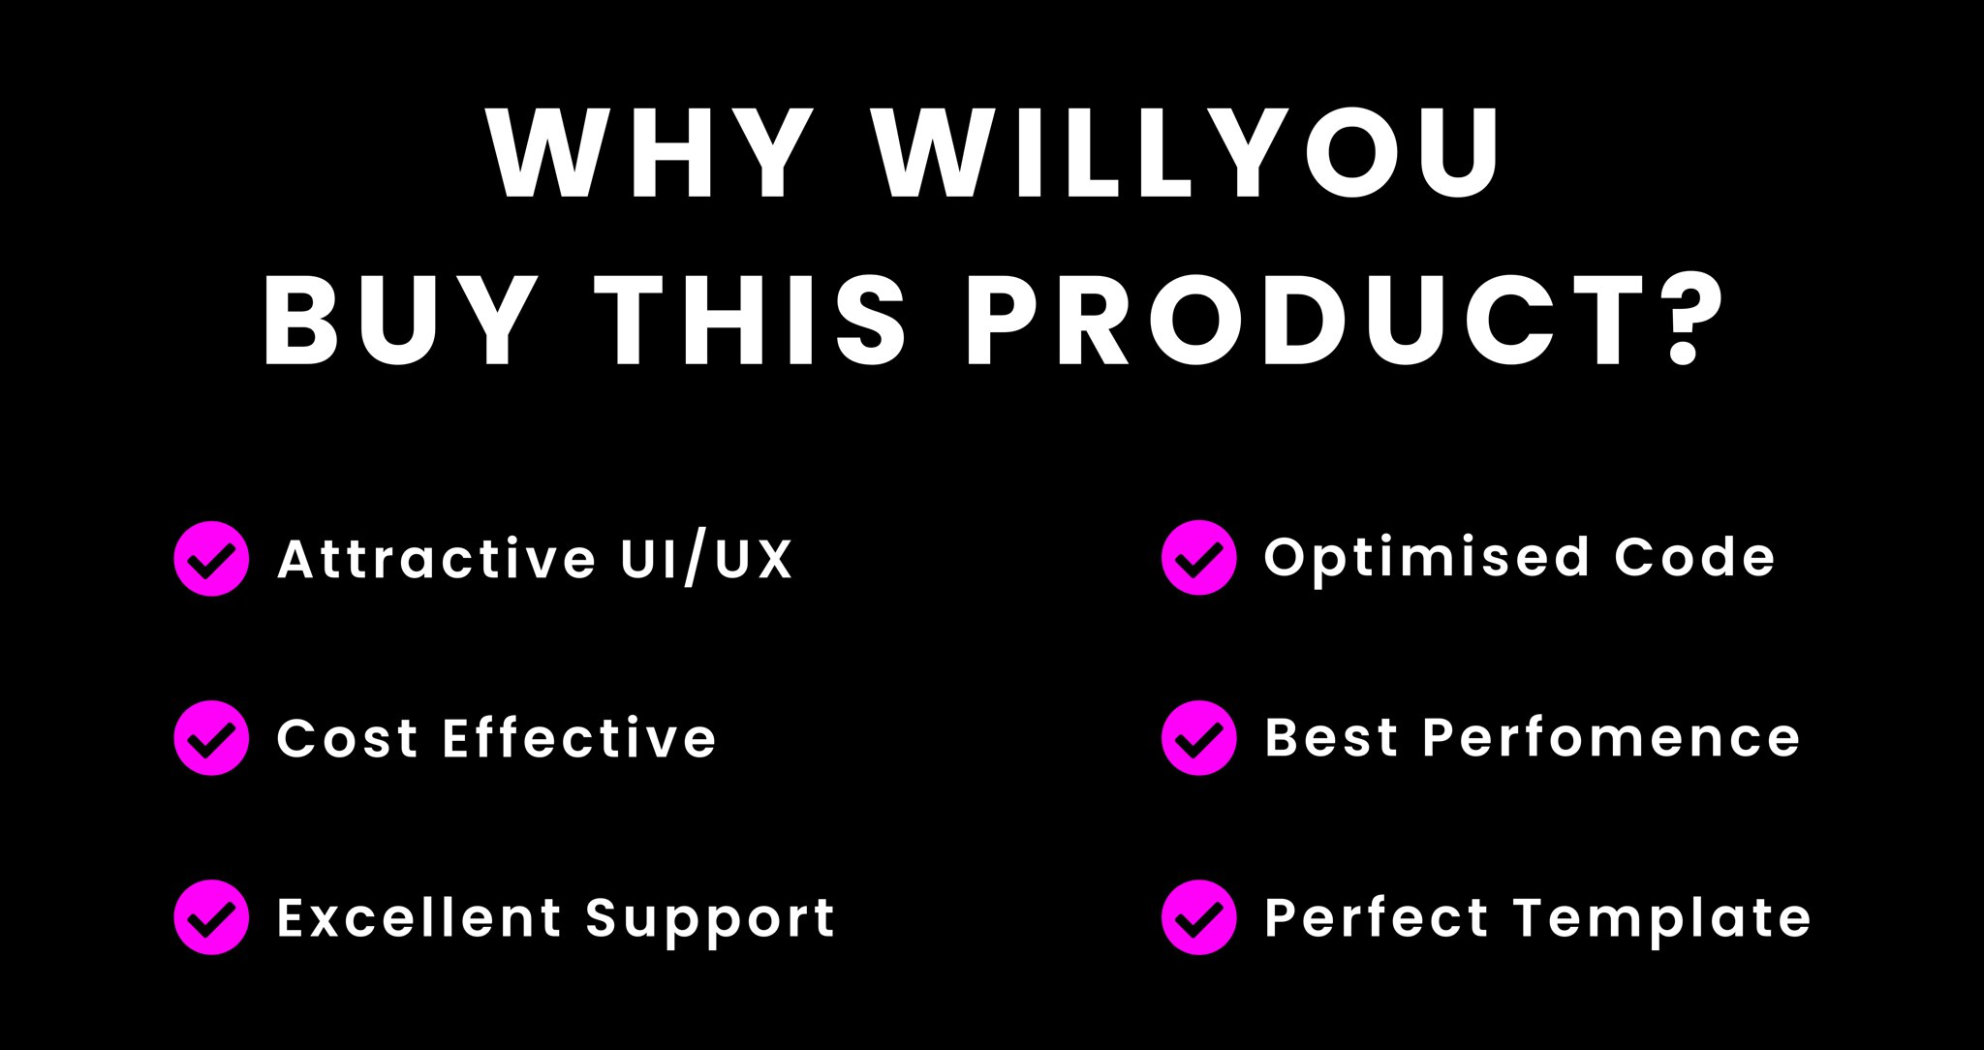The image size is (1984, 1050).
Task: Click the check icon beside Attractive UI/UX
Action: click(x=211, y=558)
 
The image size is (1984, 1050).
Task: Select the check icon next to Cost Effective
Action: click(x=211, y=738)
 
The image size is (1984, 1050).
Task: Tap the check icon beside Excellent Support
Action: click(x=211, y=917)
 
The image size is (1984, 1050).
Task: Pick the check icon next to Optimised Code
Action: click(x=1198, y=558)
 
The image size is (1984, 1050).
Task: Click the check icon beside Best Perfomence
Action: click(x=1198, y=738)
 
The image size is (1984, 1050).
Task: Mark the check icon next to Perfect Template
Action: click(x=1198, y=917)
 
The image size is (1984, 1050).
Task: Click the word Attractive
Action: click(x=437, y=558)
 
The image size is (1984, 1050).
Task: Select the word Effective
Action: click(x=579, y=737)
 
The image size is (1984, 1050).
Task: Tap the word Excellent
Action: click(x=418, y=917)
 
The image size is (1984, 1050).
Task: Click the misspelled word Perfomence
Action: click(x=1611, y=737)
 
